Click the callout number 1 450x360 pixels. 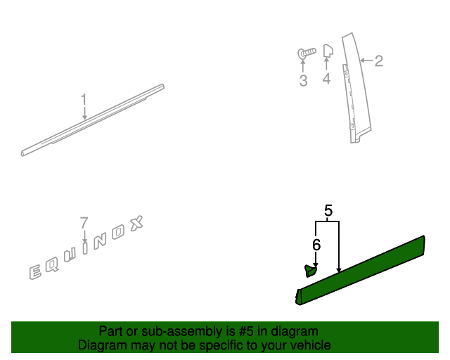pyautogui.click(x=84, y=99)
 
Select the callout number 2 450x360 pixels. pyautogui.click(x=379, y=61)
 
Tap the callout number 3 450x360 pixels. pyautogui.click(x=303, y=80)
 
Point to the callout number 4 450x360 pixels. pyautogui.click(x=326, y=79)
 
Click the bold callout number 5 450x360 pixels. pyautogui.click(x=328, y=210)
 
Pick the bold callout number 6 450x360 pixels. pyautogui.click(x=316, y=245)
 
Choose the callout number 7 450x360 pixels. pyautogui.click(x=84, y=223)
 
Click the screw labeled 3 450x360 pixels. pyautogui.click(x=307, y=53)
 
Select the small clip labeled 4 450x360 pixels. pyautogui.click(x=328, y=51)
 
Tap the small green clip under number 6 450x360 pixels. pyautogui.click(x=310, y=271)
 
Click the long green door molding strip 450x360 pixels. pyautogui.click(x=360, y=270)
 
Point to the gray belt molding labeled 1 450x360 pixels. pyautogui.click(x=92, y=120)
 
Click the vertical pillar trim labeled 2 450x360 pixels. pyautogui.click(x=356, y=88)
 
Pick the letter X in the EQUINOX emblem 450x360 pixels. pyautogui.click(x=136, y=224)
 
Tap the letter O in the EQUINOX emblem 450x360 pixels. pyautogui.click(x=117, y=232)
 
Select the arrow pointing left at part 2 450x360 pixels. pyautogui.click(x=366, y=60)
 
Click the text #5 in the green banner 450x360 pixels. pyautogui.click(x=246, y=331)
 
